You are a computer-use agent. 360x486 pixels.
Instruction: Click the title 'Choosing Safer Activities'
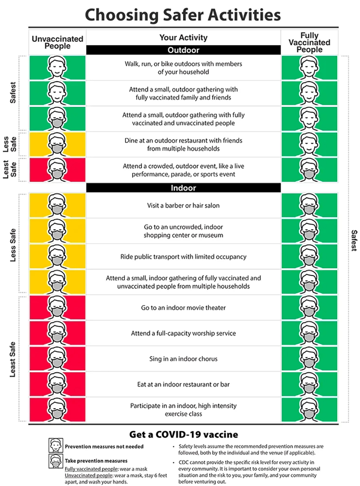(x=183, y=15)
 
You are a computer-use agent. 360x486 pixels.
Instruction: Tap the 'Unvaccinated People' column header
(x=57, y=42)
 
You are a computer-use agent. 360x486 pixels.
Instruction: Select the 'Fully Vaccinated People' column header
(x=309, y=42)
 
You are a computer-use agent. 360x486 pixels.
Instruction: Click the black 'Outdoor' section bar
(x=183, y=50)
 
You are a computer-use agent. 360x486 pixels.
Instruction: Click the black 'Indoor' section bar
(x=183, y=188)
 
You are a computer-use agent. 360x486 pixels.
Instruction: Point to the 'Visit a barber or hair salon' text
(x=183, y=206)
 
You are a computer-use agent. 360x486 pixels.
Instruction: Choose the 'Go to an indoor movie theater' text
(x=183, y=308)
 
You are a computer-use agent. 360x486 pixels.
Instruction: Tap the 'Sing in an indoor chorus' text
(x=183, y=359)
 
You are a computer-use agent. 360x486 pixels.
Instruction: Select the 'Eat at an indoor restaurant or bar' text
(x=183, y=384)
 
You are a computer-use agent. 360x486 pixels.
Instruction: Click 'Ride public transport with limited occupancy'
(x=183, y=257)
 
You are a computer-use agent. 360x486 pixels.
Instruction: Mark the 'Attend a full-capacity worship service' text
(x=183, y=333)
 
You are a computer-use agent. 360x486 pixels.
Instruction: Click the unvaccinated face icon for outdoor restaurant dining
(x=57, y=144)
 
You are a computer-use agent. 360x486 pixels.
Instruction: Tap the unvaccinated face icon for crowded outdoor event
(x=57, y=170)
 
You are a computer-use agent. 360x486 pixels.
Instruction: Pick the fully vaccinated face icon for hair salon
(x=309, y=205)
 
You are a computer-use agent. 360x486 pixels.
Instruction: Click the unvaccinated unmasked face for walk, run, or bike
(x=57, y=68)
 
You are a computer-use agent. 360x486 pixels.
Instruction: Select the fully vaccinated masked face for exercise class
(x=309, y=410)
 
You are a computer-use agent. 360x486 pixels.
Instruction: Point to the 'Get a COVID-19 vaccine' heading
(x=184, y=435)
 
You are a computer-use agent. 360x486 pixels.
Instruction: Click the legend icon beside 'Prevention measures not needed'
(x=56, y=445)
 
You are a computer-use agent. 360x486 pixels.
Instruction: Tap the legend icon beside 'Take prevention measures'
(x=56, y=461)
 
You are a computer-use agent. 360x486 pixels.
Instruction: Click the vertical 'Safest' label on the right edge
(x=354, y=240)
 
